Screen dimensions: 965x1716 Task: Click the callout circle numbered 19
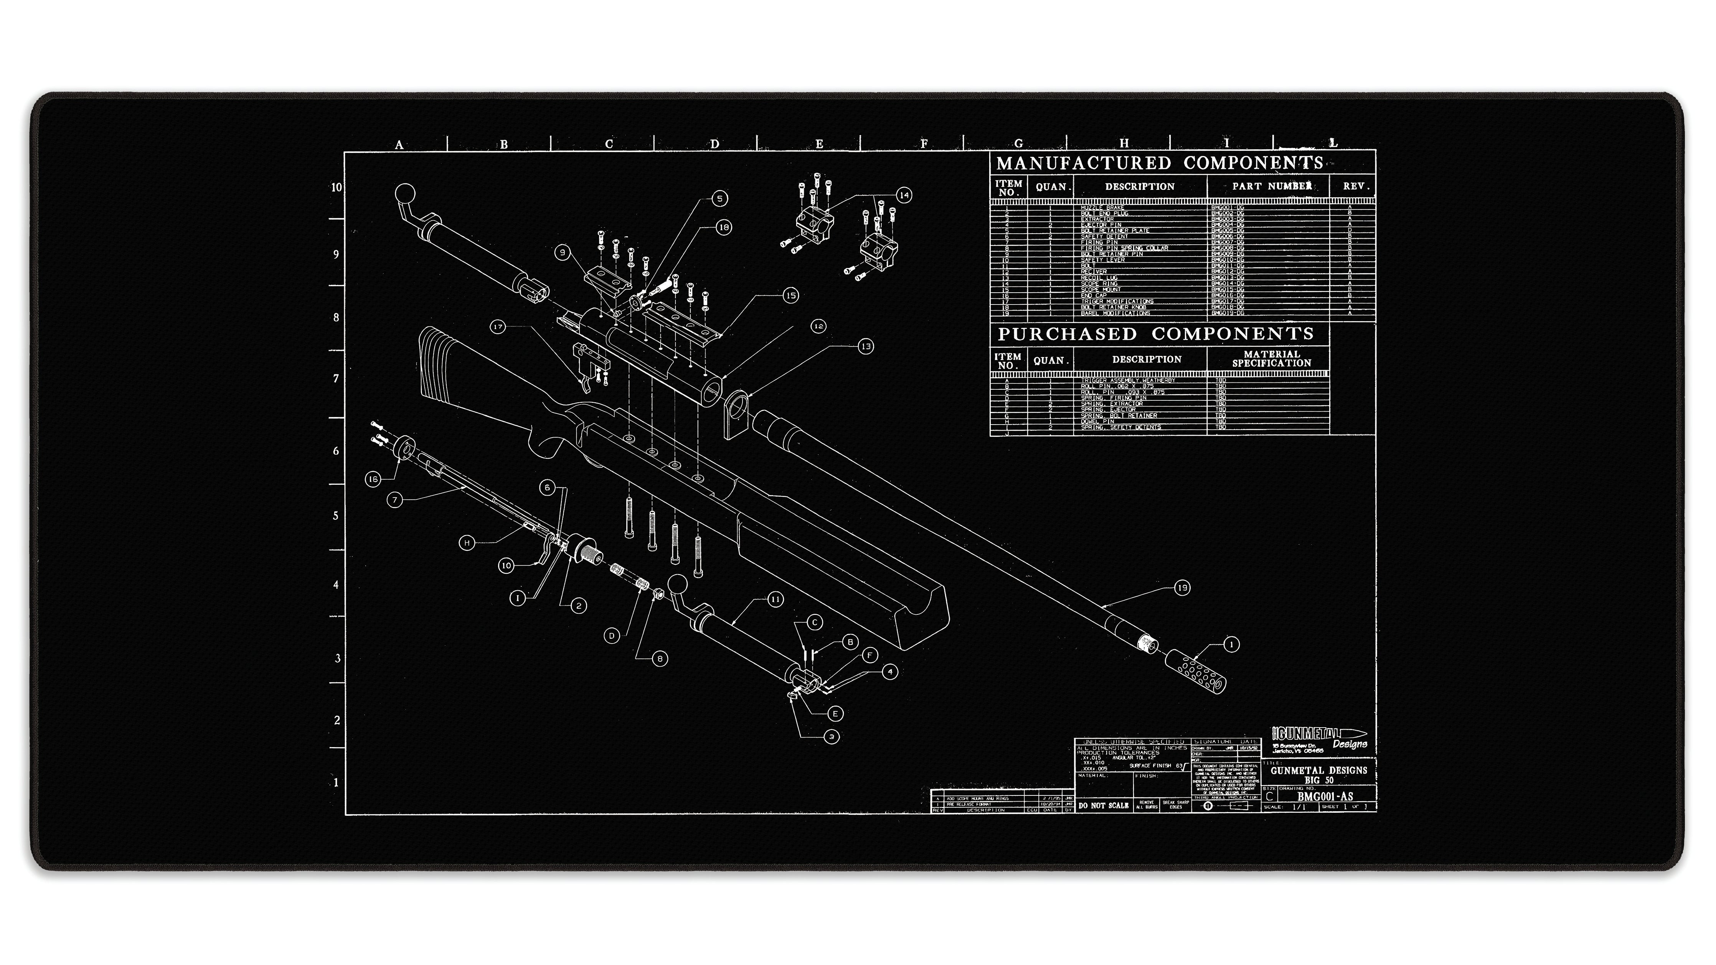tap(1182, 588)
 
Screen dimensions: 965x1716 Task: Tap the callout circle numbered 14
tap(903, 195)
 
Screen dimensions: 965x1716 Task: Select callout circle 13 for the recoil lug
tap(865, 346)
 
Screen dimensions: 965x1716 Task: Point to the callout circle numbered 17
tap(498, 327)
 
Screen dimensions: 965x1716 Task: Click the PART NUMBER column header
tap(1271, 186)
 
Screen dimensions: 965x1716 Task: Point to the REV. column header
tap(1356, 186)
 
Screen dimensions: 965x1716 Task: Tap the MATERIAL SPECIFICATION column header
tap(1271, 359)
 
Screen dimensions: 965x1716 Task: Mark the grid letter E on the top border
tap(819, 144)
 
